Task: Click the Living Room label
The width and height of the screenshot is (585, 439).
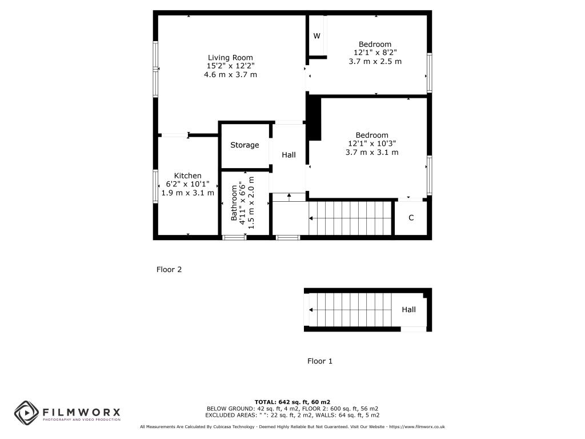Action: point(230,57)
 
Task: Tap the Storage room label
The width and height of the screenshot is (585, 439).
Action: point(245,145)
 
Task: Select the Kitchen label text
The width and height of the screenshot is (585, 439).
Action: point(188,175)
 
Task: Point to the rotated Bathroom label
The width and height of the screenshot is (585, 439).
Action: point(234,203)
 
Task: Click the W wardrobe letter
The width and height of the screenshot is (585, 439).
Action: point(316,36)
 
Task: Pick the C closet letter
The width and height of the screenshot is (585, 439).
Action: point(411,218)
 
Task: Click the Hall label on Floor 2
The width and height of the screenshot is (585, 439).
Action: point(289,155)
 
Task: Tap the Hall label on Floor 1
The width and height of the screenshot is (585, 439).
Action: point(408,310)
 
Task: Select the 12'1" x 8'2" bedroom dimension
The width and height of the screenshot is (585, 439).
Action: point(375,53)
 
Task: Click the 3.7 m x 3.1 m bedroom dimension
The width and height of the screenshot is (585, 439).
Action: point(372,153)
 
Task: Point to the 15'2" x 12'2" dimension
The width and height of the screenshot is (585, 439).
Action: point(230,66)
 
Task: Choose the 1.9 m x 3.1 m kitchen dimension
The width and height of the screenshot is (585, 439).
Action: point(188,193)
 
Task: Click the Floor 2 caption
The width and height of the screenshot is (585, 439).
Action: point(169,269)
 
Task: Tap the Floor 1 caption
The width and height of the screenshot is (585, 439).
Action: point(320,361)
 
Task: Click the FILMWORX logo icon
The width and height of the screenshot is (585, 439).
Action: point(26,412)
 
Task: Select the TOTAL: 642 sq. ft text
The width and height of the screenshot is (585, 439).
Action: point(292,402)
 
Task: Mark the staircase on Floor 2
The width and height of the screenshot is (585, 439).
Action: point(350,218)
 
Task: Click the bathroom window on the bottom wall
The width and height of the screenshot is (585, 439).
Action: point(233,237)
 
